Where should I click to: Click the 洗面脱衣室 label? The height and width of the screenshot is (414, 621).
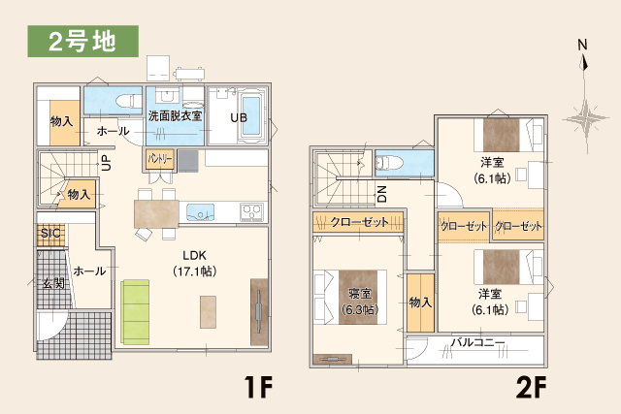coord(175,115)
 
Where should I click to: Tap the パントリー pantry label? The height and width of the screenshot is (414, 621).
coord(160,157)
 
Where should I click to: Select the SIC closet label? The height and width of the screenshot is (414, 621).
coord(49,234)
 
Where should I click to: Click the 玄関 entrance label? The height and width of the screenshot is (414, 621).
coord(52,283)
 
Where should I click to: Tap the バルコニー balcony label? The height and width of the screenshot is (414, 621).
coord(477,343)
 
